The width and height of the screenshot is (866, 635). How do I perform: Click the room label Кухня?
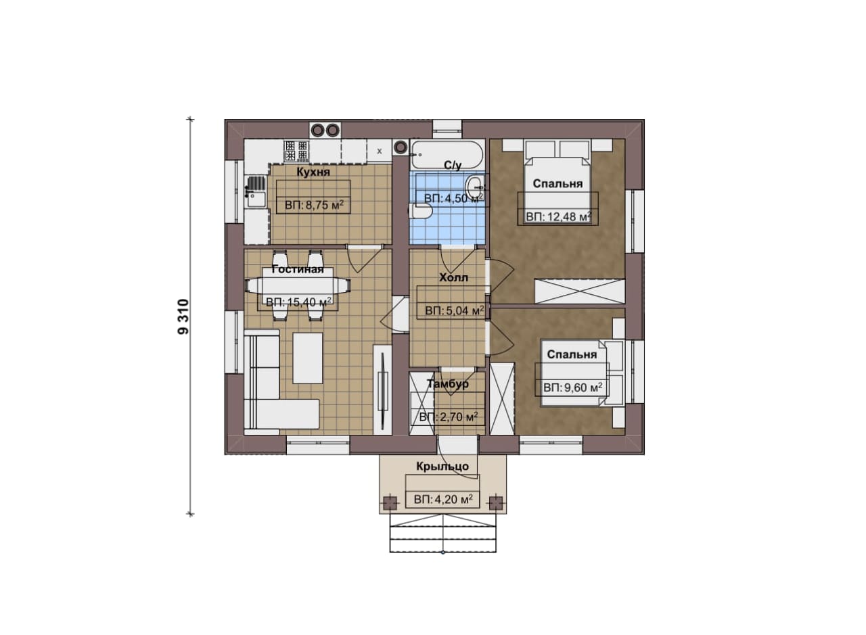313,172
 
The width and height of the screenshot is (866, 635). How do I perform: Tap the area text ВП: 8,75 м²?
314,205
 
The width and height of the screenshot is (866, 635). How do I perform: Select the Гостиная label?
297,269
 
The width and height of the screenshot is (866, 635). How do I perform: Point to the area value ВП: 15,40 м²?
298,302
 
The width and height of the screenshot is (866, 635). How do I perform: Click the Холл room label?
453,277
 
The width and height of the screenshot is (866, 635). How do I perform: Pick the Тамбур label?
448,384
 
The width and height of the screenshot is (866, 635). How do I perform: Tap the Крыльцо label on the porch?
442,467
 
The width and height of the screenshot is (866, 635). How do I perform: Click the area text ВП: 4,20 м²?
443,499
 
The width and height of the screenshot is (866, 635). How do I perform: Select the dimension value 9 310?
183,316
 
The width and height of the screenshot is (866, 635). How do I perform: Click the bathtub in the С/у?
447,155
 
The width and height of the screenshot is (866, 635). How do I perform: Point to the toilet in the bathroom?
421,211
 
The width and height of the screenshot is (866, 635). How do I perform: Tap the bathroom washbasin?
475,188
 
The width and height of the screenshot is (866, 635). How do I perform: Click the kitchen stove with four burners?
296,151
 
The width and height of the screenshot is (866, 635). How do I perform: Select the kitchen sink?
256,191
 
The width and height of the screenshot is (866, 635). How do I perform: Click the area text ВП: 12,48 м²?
559,217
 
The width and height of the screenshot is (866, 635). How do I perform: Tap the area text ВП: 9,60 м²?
573,387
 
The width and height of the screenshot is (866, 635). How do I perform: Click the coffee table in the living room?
307,358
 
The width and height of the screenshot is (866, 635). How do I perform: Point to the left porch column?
390,503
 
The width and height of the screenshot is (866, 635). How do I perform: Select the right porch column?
496,503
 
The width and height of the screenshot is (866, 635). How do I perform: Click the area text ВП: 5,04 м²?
455,310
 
